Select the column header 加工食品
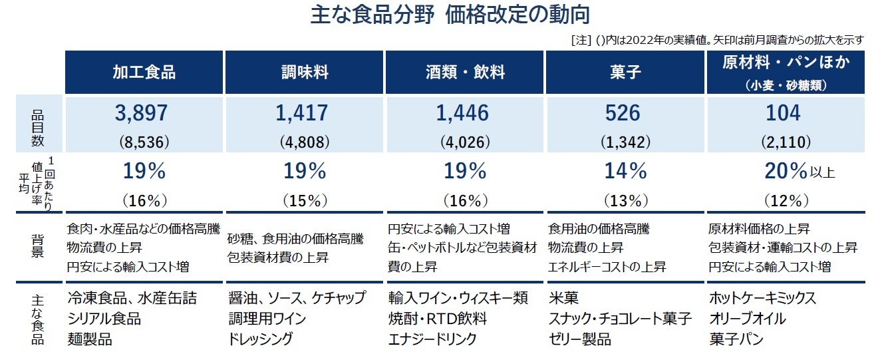tap(144, 73)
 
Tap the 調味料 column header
tap(305, 73)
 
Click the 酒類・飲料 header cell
tap(465, 73)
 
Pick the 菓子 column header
tap(625, 73)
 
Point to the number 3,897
tap(141, 114)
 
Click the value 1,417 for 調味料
tap(302, 114)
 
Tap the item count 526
tap(623, 114)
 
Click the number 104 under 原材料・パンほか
tap(783, 114)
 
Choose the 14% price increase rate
tap(625, 172)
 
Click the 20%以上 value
tap(798, 172)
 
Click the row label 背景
tap(37, 247)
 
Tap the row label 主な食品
tap(37, 319)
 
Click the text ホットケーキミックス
tap(762, 298)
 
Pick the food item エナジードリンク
tap(432, 339)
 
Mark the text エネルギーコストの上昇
tap(607, 267)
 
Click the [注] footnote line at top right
tap(717, 40)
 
